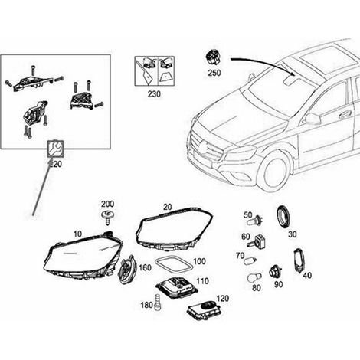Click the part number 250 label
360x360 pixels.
(x=214, y=73)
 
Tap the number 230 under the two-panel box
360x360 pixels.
(x=154, y=94)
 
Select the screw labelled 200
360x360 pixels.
(x=107, y=218)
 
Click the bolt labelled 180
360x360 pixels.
(x=158, y=302)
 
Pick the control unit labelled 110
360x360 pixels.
(x=177, y=287)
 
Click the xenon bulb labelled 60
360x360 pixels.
(x=257, y=242)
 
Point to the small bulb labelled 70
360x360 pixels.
(x=250, y=261)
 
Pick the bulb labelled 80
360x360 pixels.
(x=254, y=277)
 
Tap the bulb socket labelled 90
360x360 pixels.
(x=276, y=272)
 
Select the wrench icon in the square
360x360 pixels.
(x=54, y=149)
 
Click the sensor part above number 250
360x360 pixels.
(x=214, y=58)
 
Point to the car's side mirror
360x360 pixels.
(x=312, y=119)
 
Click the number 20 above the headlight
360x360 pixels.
(x=168, y=207)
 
